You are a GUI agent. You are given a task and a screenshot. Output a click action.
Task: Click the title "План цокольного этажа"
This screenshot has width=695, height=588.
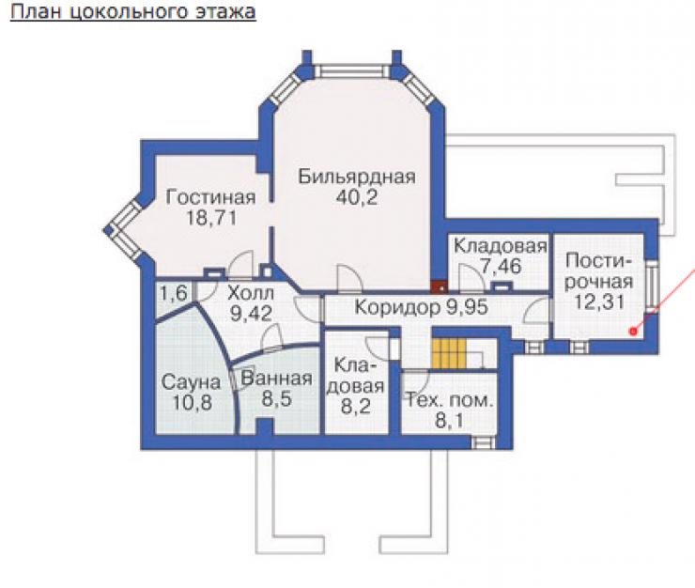[x=133, y=12]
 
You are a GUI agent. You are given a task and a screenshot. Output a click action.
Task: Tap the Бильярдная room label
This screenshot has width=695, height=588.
[x=357, y=177]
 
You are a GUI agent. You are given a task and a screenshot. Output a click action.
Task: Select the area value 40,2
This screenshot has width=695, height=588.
[x=357, y=197]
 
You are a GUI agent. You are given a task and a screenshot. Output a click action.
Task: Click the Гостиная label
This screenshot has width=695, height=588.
[x=210, y=197]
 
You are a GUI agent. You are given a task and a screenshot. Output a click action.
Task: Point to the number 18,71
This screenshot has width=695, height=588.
[x=211, y=218]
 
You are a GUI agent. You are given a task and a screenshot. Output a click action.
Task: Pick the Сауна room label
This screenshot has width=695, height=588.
[x=191, y=382]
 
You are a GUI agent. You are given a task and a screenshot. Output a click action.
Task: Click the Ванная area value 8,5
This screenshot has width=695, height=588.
[x=276, y=399]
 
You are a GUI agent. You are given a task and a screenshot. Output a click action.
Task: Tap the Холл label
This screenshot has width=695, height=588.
[x=251, y=293]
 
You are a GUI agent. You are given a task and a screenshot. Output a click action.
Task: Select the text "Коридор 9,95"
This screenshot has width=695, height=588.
[x=421, y=307]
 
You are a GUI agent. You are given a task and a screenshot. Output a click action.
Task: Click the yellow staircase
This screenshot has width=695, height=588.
[x=449, y=353]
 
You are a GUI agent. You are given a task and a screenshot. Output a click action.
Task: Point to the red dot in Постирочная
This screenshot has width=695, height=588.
[x=633, y=331]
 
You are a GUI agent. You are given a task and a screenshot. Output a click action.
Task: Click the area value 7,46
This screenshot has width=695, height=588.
[x=501, y=266]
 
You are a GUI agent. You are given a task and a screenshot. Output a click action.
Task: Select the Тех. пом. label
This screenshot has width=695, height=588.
[x=450, y=400]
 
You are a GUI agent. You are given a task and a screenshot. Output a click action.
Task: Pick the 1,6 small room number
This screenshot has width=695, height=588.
[x=174, y=293]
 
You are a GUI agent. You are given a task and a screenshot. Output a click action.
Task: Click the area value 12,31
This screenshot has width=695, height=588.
[x=599, y=302]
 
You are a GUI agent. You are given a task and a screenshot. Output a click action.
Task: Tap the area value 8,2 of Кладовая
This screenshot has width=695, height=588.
[x=356, y=407]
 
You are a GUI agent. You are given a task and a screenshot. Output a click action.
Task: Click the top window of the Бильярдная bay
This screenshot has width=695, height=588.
[x=352, y=71]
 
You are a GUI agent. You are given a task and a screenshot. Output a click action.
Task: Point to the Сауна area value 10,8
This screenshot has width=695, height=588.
[x=192, y=403]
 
